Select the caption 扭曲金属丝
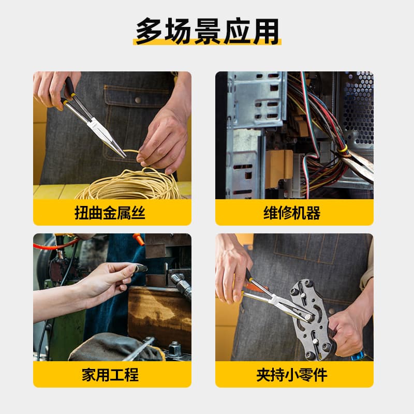coord(112,213)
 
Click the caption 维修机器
coord(294,213)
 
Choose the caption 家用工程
coord(112,374)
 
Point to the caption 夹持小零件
coord(294,374)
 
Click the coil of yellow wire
coord(129,186)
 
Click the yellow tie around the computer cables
coord(343,148)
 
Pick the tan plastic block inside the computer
coord(278,167)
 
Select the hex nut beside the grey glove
coord(173,345)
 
